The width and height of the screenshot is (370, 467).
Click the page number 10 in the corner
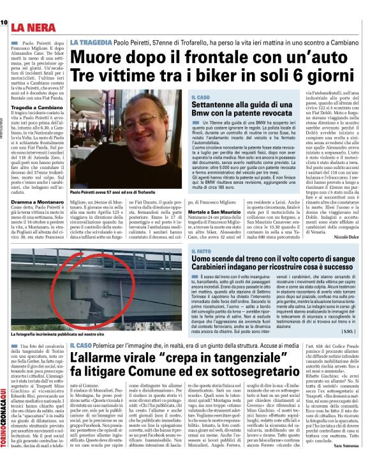tap(4, 23)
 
